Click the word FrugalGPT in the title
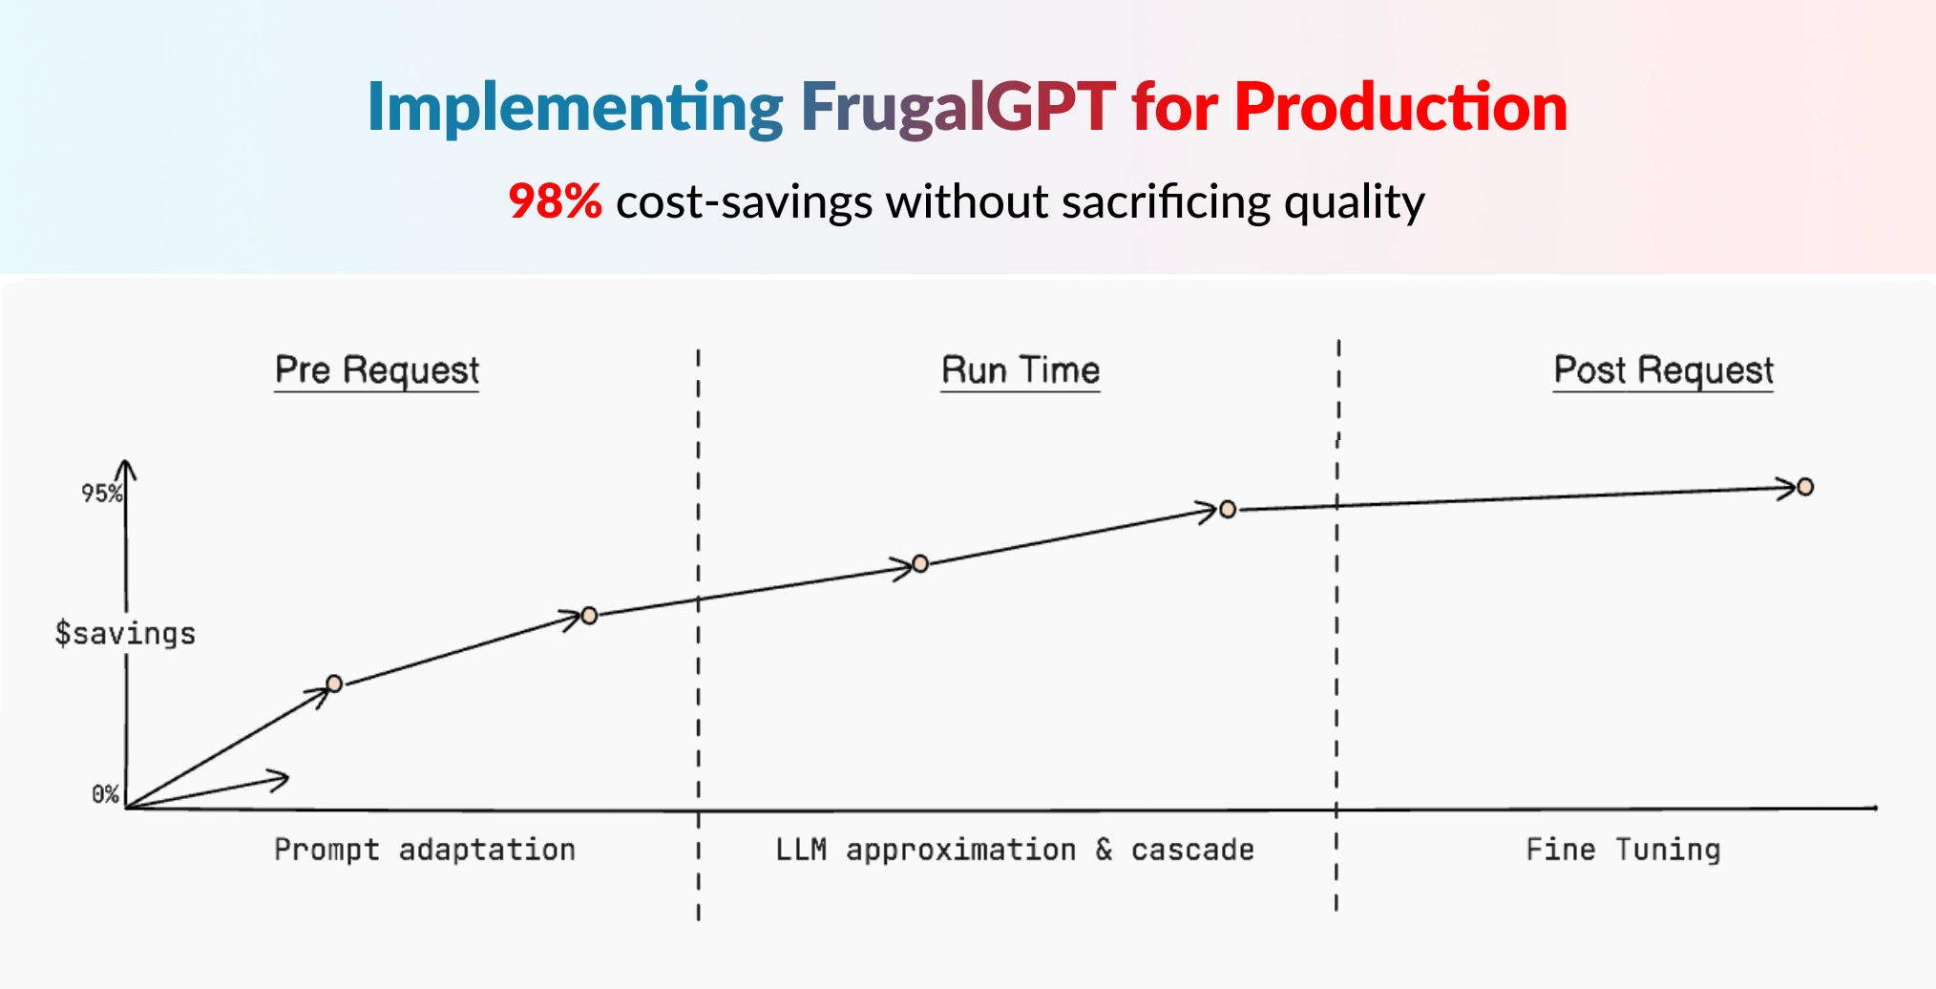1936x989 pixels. point(957,107)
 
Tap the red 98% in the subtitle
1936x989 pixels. point(555,201)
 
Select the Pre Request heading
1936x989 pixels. point(377,370)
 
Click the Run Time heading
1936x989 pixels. point(1021,370)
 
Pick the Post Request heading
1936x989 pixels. point(1663,370)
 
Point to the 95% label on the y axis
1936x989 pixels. point(102,494)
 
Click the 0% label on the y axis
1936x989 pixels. point(105,794)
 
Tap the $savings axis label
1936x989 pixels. point(125,633)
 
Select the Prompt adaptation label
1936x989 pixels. point(425,850)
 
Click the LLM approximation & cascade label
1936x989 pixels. point(1015,850)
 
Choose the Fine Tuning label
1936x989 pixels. point(1623,850)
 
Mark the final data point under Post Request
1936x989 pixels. point(1805,487)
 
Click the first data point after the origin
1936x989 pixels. point(334,684)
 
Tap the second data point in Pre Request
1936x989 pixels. point(589,616)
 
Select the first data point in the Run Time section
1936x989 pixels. point(920,563)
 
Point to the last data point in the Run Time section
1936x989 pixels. point(1228,510)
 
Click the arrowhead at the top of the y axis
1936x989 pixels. point(126,462)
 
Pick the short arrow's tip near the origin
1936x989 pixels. point(287,778)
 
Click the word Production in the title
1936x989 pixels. point(1400,107)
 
